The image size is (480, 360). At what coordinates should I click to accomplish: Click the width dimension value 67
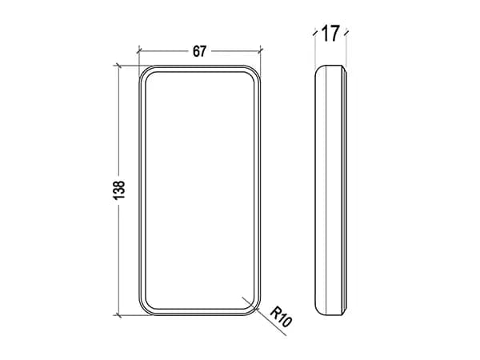pyautogui.click(x=199, y=51)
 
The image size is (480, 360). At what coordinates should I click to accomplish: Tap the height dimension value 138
pyautogui.click(x=119, y=190)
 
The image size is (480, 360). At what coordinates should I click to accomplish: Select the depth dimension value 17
pyautogui.click(x=330, y=34)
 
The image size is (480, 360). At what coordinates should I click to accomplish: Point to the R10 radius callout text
pyautogui.click(x=281, y=317)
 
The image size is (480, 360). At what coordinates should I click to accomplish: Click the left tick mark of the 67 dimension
pyautogui.click(x=139, y=50)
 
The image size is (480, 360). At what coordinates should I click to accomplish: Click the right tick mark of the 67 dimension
pyautogui.click(x=261, y=50)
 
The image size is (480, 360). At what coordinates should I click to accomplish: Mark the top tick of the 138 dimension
pyautogui.click(x=118, y=66)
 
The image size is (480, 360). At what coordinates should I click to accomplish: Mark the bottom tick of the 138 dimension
pyautogui.click(x=118, y=315)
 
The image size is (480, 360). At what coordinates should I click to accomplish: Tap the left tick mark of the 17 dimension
pyautogui.click(x=314, y=33)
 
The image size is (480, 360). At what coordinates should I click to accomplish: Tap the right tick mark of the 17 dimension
pyautogui.click(x=346, y=33)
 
